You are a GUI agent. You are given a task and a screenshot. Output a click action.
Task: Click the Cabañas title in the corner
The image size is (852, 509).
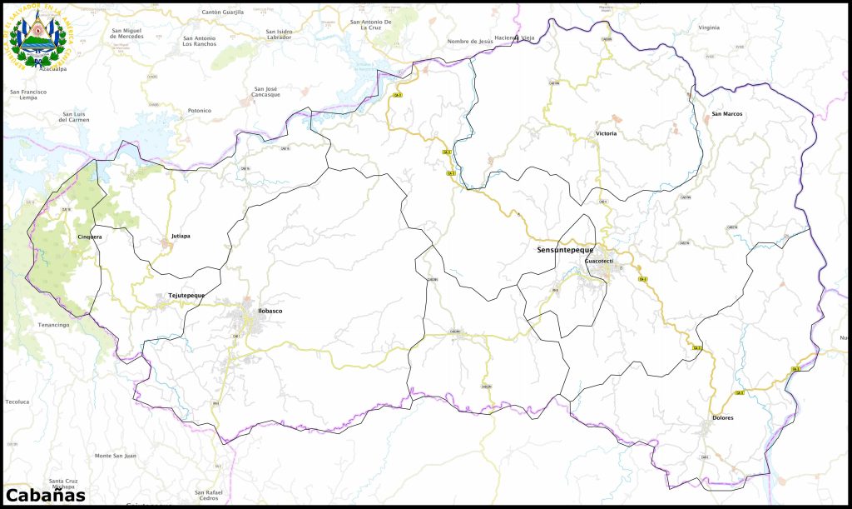45,495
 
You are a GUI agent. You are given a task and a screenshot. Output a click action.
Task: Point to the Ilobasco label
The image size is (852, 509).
270,311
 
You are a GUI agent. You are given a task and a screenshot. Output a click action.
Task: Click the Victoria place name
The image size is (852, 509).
607,133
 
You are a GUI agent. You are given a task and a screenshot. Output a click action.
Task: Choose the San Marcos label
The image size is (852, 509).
727,113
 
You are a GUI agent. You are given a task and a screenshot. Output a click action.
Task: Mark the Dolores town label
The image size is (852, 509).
723,417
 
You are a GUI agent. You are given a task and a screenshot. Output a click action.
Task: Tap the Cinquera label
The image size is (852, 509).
89,237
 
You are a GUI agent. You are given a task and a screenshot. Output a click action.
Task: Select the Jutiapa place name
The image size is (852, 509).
181,236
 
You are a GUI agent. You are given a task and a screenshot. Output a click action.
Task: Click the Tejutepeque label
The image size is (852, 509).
186,295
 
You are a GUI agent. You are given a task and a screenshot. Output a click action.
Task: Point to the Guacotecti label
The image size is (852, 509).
599,261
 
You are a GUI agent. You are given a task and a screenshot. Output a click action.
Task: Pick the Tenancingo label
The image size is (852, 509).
53,324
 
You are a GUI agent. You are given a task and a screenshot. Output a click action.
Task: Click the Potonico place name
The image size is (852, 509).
200,110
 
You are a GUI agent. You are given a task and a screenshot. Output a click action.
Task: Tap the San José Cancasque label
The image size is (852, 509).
267,92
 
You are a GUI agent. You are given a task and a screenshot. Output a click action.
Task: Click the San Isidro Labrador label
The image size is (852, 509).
279,34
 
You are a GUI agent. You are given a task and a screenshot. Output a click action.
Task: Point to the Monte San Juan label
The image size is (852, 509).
115,456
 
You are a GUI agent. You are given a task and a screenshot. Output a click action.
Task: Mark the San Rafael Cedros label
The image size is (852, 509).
209,495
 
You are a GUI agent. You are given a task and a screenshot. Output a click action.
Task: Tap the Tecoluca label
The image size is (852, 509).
17,402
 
